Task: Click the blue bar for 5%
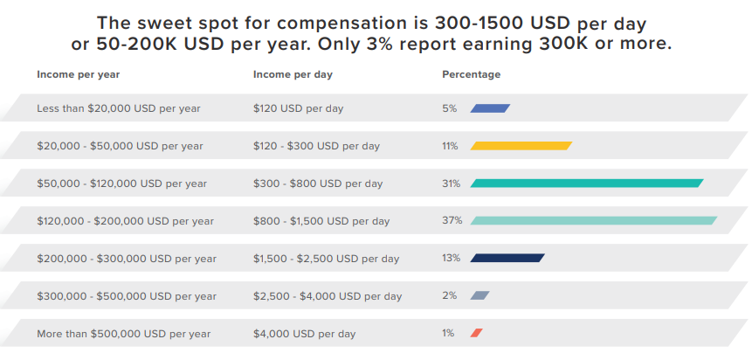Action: coord(490,108)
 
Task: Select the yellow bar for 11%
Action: coord(521,146)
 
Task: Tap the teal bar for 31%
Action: coord(587,183)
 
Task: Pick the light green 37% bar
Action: coord(594,221)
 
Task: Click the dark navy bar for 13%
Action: coord(507,258)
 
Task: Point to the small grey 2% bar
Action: coord(479,295)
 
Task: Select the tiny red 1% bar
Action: coord(476,333)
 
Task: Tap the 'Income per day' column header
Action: coord(293,74)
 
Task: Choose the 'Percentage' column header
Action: coord(472,74)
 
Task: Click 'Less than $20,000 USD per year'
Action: coord(119,108)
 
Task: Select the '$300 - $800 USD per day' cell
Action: coord(318,183)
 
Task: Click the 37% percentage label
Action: coord(452,221)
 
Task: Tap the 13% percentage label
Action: coord(451,259)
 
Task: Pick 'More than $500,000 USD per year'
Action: coord(123,334)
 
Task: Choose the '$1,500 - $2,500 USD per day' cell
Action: coord(326,259)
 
